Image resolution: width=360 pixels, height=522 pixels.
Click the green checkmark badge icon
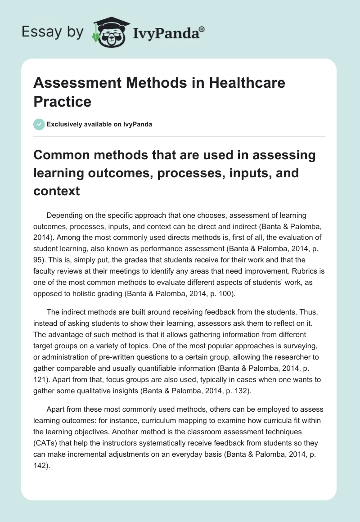pos(39,124)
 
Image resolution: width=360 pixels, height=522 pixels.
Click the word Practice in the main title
pos(63,101)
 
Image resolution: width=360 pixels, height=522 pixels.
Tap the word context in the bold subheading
pos(57,191)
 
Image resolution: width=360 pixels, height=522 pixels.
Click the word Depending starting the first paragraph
pos(64,215)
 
